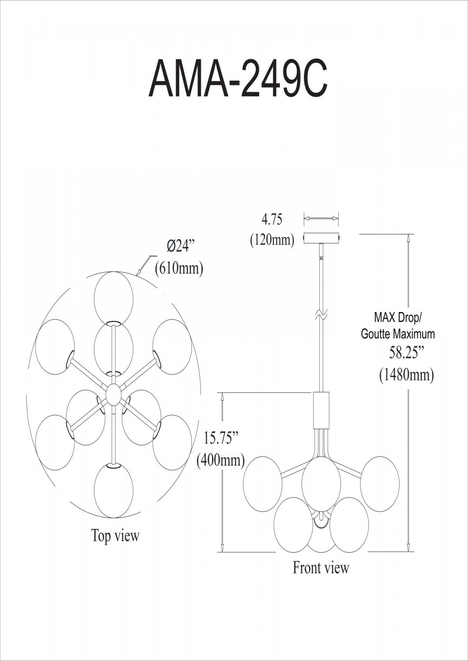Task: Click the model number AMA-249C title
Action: [238, 78]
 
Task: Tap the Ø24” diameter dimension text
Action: [181, 245]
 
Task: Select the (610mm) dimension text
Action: [180, 268]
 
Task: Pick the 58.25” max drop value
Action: [407, 353]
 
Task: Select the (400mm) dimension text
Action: [221, 460]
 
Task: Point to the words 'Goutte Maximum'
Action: [398, 334]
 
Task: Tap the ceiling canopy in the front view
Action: [322, 238]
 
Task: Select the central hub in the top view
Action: [113, 394]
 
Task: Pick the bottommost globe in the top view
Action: [113, 491]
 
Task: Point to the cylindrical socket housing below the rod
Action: [321, 410]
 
